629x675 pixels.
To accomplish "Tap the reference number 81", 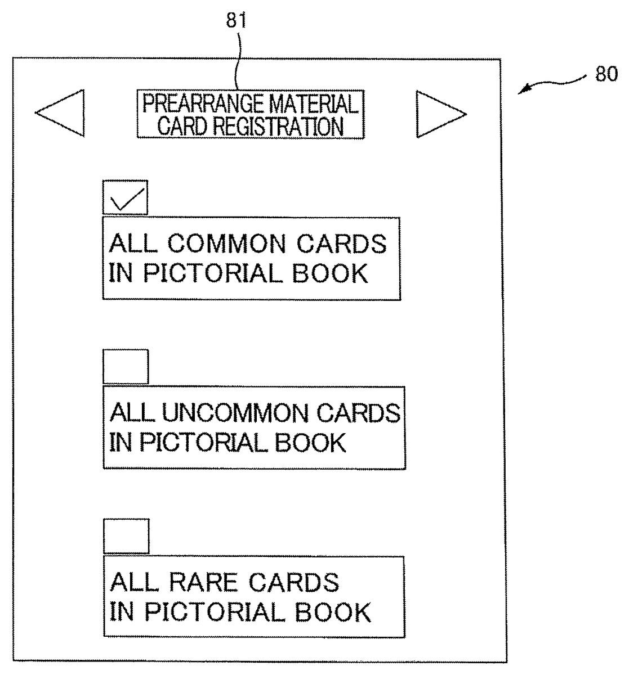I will (237, 21).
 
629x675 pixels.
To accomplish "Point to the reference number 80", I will (606, 75).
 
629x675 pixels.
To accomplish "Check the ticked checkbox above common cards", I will (125, 197).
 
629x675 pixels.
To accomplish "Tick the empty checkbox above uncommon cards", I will (126, 367).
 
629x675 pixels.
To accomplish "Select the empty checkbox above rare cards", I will (126, 537).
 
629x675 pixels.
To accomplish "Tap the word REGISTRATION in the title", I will (278, 127).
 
